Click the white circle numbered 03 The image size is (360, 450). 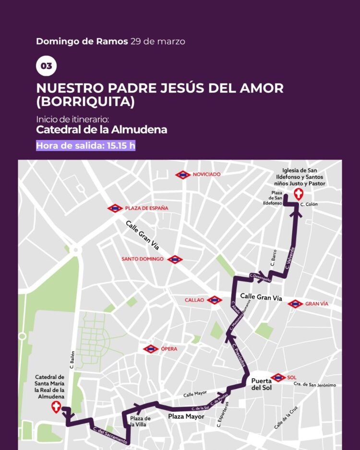46,66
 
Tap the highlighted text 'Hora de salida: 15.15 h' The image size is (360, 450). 85,145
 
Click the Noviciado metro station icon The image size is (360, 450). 183,175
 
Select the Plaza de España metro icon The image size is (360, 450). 115,208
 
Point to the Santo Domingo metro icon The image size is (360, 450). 175,259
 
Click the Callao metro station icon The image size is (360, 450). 214,300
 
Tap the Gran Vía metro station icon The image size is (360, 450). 295,304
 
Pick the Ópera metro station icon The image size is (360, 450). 151,349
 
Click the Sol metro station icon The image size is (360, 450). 278,377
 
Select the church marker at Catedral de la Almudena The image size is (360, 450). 56,408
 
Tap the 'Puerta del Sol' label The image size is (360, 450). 262,384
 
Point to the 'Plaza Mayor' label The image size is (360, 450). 186,416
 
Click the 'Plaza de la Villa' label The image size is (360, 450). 141,422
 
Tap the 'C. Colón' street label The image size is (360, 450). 309,204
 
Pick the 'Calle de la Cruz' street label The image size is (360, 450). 287,417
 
